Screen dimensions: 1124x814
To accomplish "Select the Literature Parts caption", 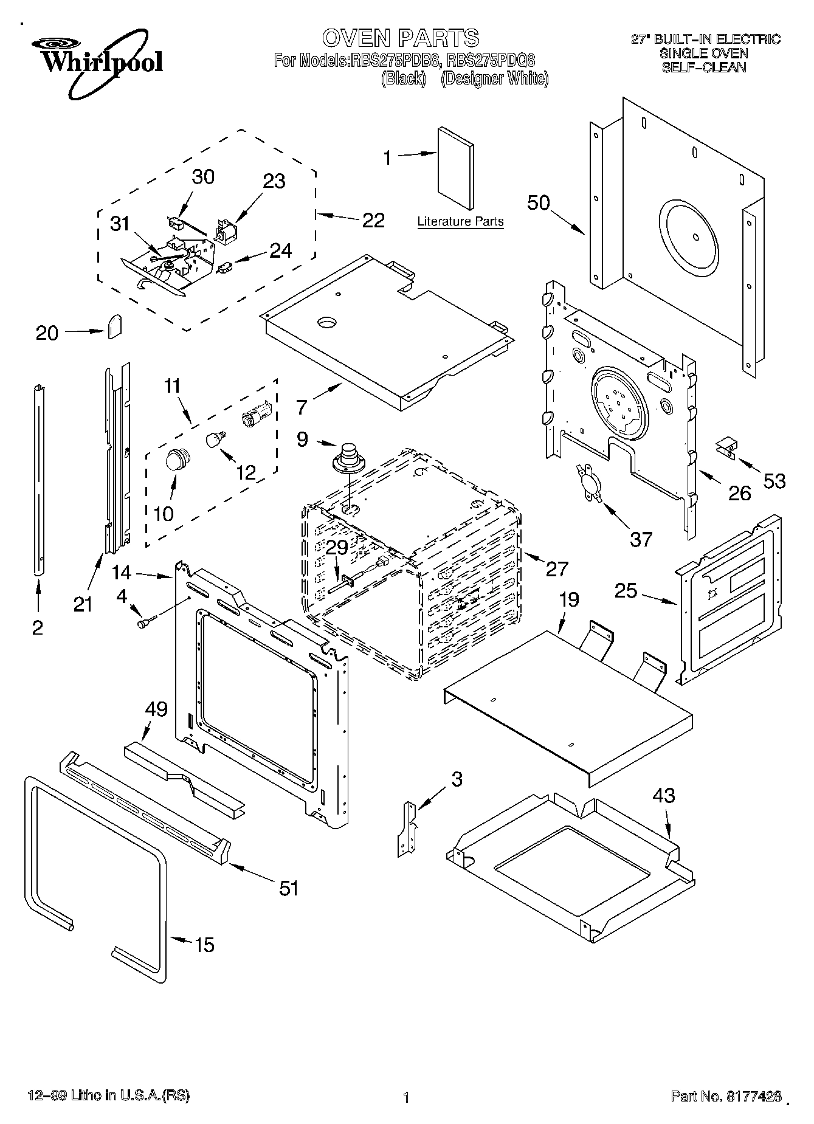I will [x=460, y=222].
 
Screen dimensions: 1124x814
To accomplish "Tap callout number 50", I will [x=538, y=203].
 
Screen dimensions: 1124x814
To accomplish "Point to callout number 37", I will [x=641, y=539].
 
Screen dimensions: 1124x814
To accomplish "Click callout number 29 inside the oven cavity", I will [x=337, y=548].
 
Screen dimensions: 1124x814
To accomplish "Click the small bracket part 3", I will [x=409, y=829].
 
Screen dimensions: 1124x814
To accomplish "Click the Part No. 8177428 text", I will [x=726, y=1096].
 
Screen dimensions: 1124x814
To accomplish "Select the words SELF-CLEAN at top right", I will [x=703, y=67].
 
